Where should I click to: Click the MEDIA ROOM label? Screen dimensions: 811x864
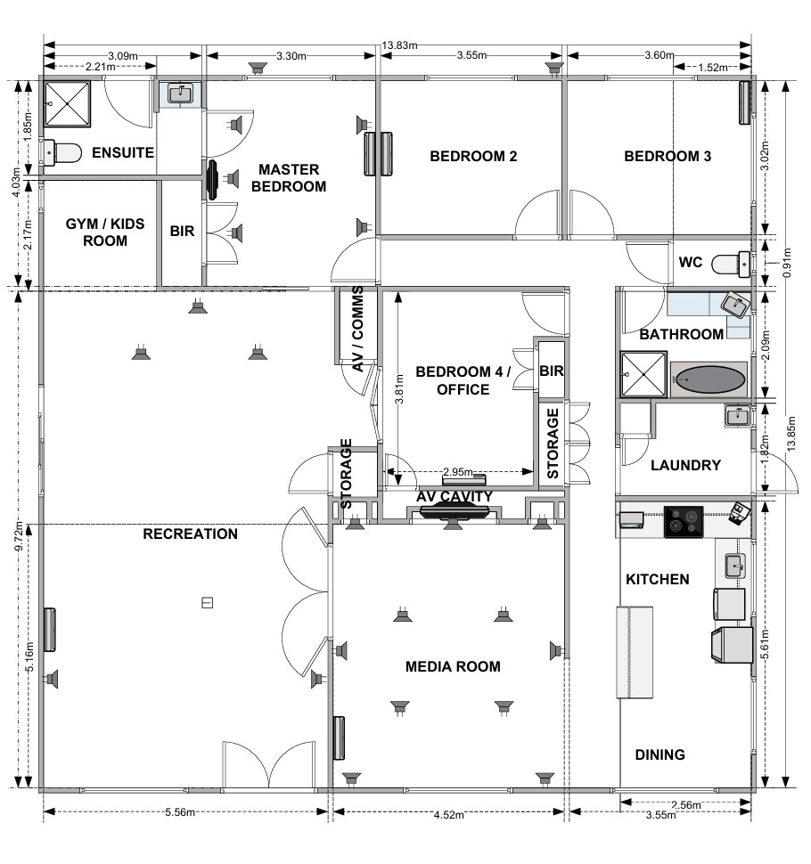453,667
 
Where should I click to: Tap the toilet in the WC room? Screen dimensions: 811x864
731,265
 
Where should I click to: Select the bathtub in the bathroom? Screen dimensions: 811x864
709,379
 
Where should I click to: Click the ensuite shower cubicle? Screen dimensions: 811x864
67,104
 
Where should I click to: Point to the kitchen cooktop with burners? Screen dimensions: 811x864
684,522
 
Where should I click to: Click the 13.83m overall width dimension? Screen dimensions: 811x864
399,45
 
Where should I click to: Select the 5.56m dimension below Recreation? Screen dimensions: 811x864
180,811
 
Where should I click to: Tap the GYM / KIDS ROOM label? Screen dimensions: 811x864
105,232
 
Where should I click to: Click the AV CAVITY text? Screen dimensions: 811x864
455,497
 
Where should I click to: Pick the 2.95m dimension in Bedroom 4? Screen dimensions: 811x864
457,472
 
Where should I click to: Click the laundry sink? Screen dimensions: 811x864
737,415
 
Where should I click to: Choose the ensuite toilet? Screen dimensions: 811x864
61,152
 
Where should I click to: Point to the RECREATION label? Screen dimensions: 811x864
190,534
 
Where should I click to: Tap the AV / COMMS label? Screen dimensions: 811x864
357,329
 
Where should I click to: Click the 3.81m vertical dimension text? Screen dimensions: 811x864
400,389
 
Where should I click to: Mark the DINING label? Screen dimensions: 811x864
659,755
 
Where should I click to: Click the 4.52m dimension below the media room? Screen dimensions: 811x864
449,814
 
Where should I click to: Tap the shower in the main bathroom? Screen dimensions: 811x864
643,374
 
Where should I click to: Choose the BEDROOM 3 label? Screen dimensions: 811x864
668,157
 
